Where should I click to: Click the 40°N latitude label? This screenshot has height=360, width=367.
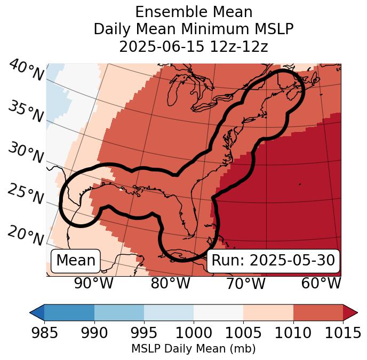(26, 71)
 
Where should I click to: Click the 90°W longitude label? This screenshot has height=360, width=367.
(93, 284)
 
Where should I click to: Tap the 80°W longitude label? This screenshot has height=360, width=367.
(170, 284)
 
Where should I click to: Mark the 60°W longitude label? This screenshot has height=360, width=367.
(321, 284)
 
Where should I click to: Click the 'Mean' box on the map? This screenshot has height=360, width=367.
(76, 261)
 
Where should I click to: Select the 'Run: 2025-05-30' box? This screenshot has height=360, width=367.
(273, 261)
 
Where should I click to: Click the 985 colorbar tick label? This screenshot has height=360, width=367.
(45, 333)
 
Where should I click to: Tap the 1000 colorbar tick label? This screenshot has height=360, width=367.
(194, 333)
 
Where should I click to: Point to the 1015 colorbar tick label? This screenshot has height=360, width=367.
(342, 333)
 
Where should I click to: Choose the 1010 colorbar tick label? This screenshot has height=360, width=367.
(293, 333)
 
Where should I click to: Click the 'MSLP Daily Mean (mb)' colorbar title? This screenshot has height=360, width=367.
(193, 349)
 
